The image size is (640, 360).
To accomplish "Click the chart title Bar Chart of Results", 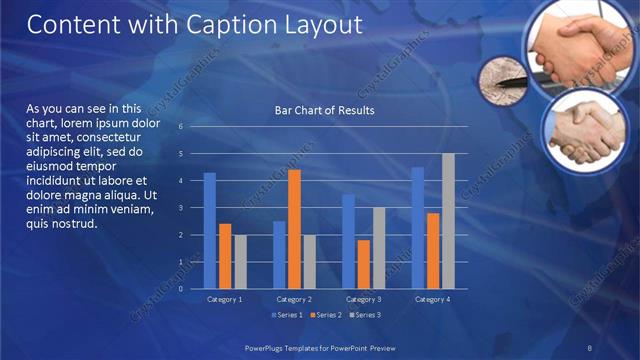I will [x=324, y=110].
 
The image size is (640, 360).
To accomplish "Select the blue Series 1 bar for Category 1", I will [x=210, y=231].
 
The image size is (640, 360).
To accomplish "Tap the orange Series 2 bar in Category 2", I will [x=294, y=229].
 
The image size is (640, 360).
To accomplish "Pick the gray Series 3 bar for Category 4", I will [x=449, y=221].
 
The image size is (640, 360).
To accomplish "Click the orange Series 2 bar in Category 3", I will [x=364, y=264].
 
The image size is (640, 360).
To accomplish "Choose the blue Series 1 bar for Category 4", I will [x=418, y=228].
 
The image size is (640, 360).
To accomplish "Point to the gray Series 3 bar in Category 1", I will [x=240, y=262].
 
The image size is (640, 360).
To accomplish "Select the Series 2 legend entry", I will [x=327, y=315].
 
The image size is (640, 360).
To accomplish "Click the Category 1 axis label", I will [x=225, y=299].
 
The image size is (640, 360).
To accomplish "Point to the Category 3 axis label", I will [x=364, y=299].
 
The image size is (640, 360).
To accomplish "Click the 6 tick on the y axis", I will [x=181, y=127].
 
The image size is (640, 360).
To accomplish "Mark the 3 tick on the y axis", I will [x=181, y=208].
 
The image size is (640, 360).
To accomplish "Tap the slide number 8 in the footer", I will [x=590, y=346].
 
